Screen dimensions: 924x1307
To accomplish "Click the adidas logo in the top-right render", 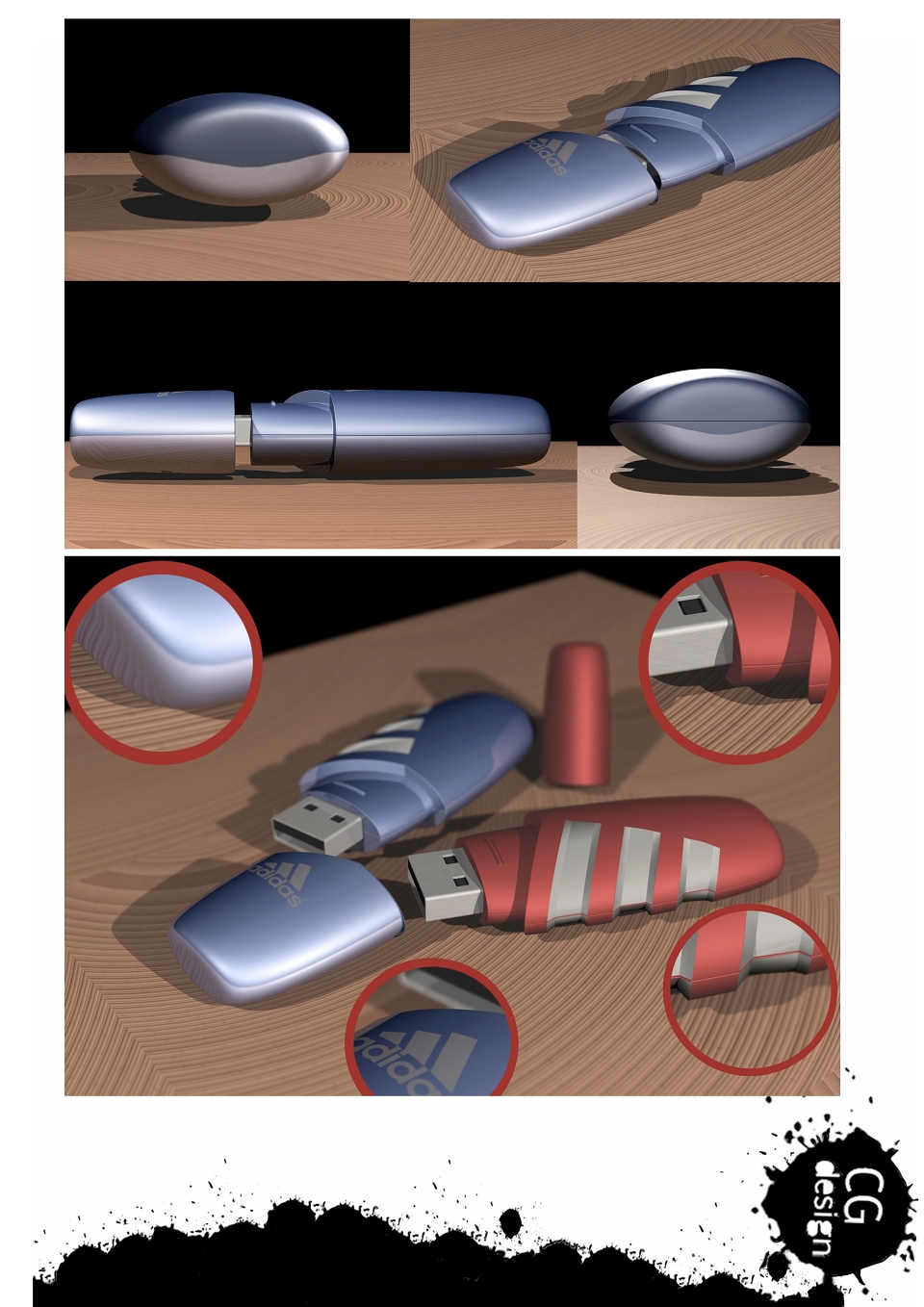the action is [x=551, y=155].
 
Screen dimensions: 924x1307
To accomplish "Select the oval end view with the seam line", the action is [x=708, y=420].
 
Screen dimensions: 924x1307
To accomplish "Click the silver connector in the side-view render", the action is [x=243, y=432].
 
